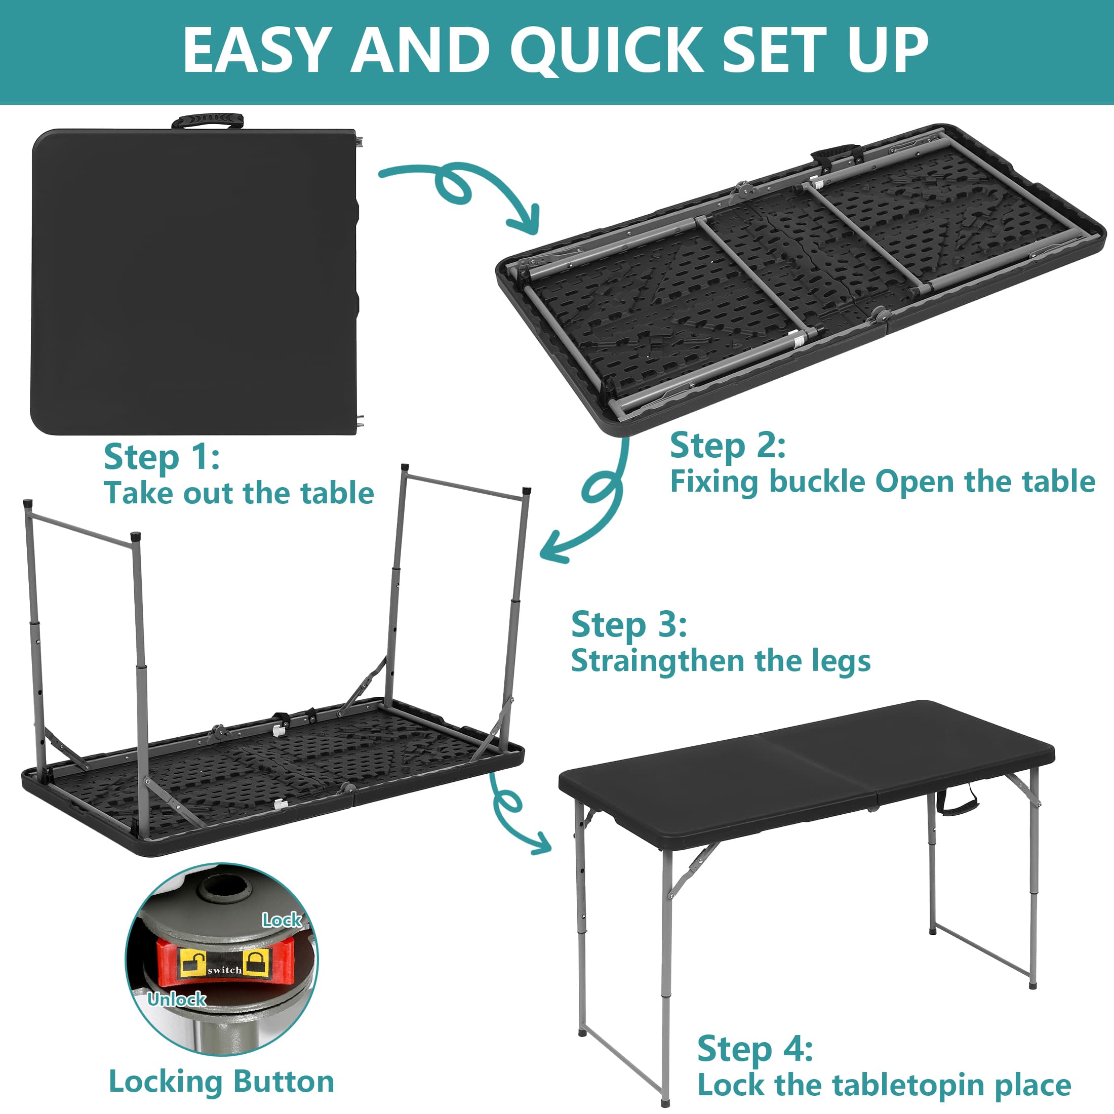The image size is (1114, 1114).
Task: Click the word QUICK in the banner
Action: pos(606,51)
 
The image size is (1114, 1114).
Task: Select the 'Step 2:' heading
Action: pos(728,446)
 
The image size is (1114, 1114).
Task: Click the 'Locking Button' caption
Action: pos(221,1081)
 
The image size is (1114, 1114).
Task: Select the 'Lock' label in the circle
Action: pos(282,920)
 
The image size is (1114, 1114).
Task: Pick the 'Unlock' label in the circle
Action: pos(176,999)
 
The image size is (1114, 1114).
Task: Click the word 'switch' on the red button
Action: pos(224,970)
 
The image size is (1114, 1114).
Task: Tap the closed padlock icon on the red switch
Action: pos(257,963)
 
